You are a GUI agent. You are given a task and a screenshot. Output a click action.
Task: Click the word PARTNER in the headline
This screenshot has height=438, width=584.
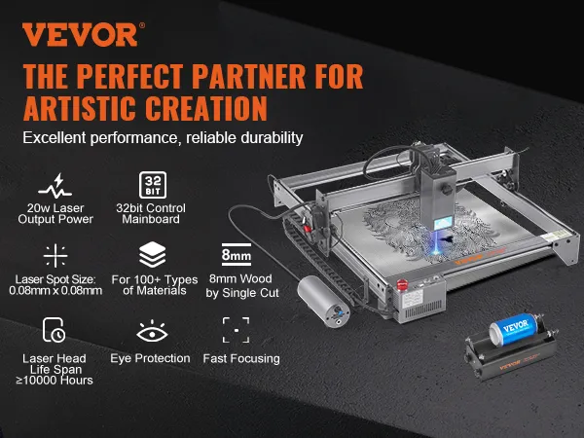click(x=248, y=77)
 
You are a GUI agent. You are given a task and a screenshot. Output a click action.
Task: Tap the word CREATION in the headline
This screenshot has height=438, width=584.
click(x=206, y=108)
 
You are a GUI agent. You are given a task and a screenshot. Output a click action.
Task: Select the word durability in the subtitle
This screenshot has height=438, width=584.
click(x=272, y=138)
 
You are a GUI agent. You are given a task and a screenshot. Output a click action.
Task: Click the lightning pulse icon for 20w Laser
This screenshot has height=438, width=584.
click(x=55, y=186)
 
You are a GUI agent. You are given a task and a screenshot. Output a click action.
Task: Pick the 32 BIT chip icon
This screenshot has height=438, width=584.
click(x=153, y=185)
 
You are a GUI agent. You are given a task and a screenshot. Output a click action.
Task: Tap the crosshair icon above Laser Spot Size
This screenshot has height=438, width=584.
click(x=55, y=255)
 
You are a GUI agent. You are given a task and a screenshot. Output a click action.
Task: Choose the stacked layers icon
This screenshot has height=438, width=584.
click(x=153, y=254)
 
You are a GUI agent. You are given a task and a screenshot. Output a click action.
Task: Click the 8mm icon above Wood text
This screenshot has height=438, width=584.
click(x=237, y=254)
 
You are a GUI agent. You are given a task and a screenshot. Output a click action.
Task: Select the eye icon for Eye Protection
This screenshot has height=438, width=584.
click(x=152, y=331)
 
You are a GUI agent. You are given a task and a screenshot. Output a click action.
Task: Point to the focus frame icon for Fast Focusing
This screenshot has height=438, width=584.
click(x=236, y=330)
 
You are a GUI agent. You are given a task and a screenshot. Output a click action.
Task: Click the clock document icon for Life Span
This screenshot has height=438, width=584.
click(x=54, y=330)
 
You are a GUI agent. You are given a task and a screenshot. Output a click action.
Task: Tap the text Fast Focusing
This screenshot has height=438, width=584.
click(x=241, y=358)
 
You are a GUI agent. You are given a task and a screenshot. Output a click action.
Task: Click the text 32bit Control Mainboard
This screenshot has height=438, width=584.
click(x=151, y=213)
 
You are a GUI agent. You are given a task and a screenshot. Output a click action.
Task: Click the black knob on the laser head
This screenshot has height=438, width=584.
click(x=448, y=189)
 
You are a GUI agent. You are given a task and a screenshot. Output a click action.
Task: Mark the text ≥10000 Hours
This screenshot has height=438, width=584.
click(x=55, y=381)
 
